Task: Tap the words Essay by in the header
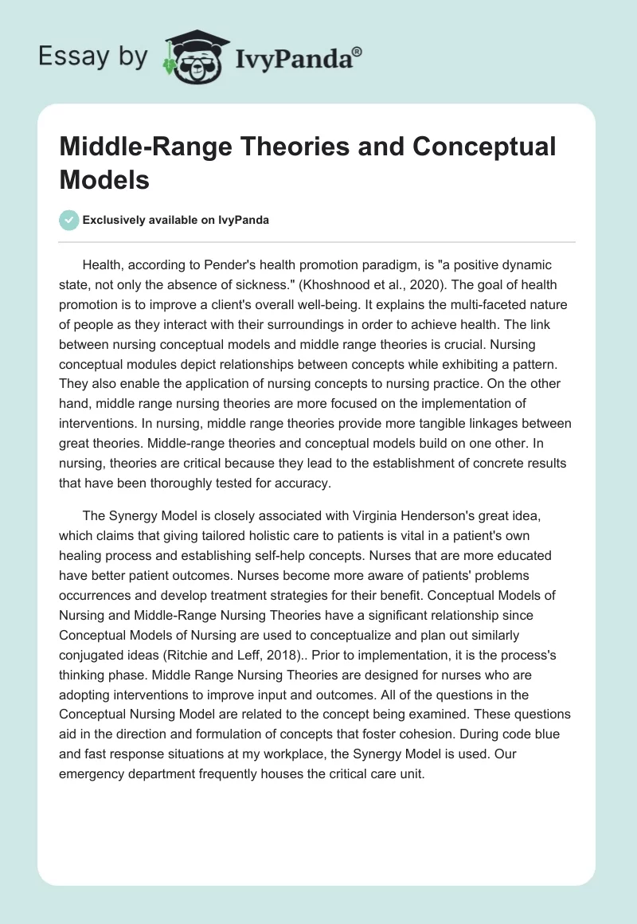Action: click(x=92, y=57)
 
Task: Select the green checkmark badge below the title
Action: click(x=69, y=220)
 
